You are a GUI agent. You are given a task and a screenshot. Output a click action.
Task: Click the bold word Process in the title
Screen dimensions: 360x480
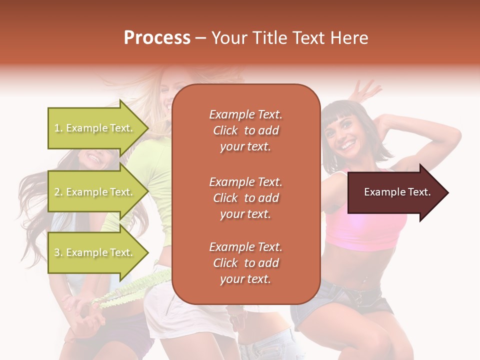157,38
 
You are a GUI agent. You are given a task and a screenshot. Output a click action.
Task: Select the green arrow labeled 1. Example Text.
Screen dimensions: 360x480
95,128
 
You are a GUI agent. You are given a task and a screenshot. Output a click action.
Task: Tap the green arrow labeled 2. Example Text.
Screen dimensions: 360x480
95,192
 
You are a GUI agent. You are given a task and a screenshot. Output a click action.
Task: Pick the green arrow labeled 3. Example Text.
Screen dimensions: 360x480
95,252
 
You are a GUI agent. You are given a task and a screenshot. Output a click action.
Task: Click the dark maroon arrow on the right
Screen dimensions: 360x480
395,192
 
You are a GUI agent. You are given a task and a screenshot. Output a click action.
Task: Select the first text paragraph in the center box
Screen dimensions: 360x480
245,130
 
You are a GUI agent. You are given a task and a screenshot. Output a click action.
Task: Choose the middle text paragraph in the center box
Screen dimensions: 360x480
245,198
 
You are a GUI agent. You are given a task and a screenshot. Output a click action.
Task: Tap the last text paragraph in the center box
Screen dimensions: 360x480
245,263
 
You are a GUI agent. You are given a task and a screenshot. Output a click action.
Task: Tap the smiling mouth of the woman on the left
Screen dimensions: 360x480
94,158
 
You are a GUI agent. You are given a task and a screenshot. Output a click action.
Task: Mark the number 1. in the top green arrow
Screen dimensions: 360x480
58,128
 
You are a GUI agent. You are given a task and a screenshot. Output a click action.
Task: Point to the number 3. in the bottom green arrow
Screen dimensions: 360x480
58,253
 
